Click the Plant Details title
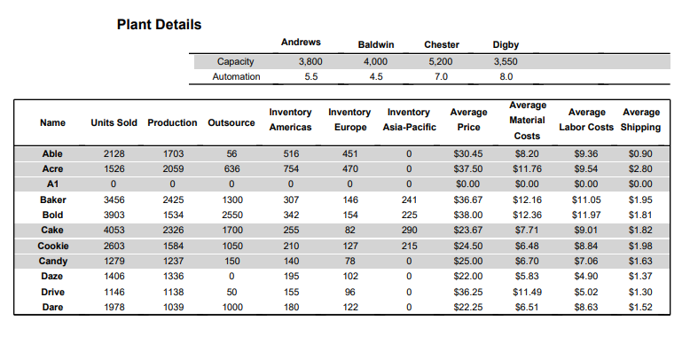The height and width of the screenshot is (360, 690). point(159,24)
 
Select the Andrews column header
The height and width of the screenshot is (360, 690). point(301,43)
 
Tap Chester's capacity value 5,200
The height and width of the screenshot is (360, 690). point(441,61)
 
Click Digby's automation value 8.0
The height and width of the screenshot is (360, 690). point(506,76)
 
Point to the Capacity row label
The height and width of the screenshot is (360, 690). point(236,61)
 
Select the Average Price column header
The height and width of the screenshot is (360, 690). point(468,120)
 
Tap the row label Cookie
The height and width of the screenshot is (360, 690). point(53,246)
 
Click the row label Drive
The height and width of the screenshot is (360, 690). point(53,292)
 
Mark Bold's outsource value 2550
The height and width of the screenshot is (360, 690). point(231,215)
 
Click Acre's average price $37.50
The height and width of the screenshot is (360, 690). point(468,168)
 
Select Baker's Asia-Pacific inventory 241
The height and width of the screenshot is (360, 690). point(408,200)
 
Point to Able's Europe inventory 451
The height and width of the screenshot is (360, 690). point(349,153)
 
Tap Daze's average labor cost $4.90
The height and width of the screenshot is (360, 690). point(587,277)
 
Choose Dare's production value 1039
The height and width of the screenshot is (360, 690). point(173,307)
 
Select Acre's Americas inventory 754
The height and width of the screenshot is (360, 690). point(291,168)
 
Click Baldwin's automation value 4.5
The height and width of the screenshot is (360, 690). point(375,76)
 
